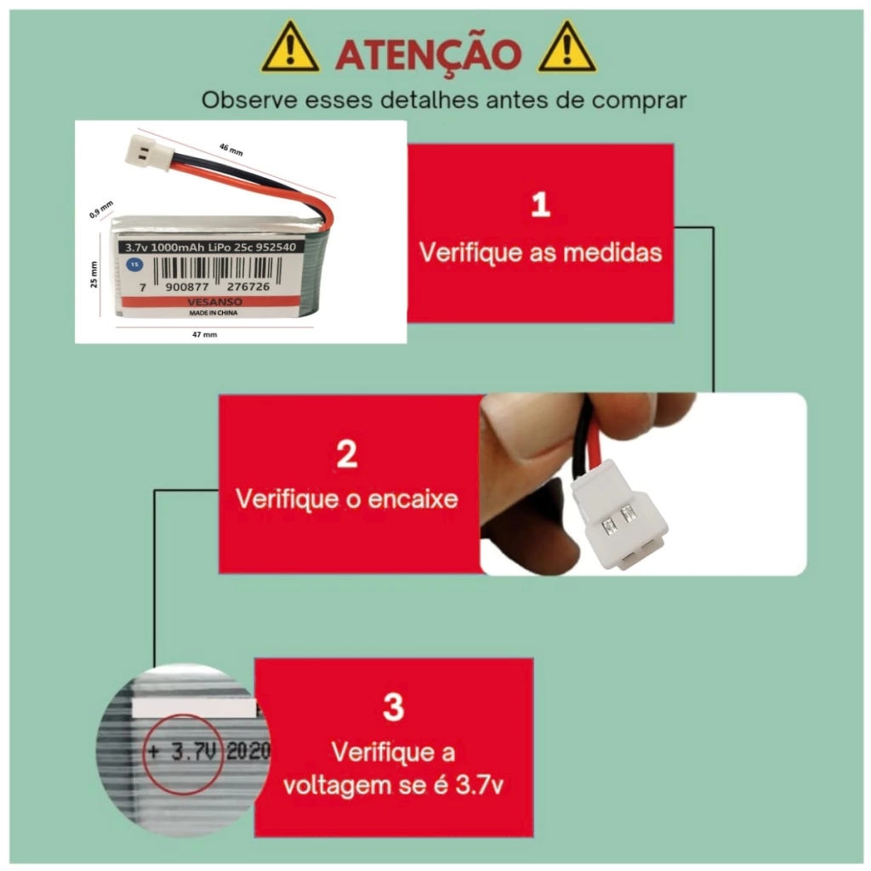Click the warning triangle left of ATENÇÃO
(290, 48)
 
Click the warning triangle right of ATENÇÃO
(566, 48)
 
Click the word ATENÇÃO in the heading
(429, 54)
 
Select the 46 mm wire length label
(231, 150)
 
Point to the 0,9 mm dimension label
(101, 209)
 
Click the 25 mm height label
(94, 275)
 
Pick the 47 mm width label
(204, 334)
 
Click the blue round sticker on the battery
(134, 265)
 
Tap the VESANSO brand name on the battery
(214, 302)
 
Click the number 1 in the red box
(540, 204)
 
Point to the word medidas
(612, 253)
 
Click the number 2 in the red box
(347, 454)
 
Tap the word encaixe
(413, 498)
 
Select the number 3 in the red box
(393, 707)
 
